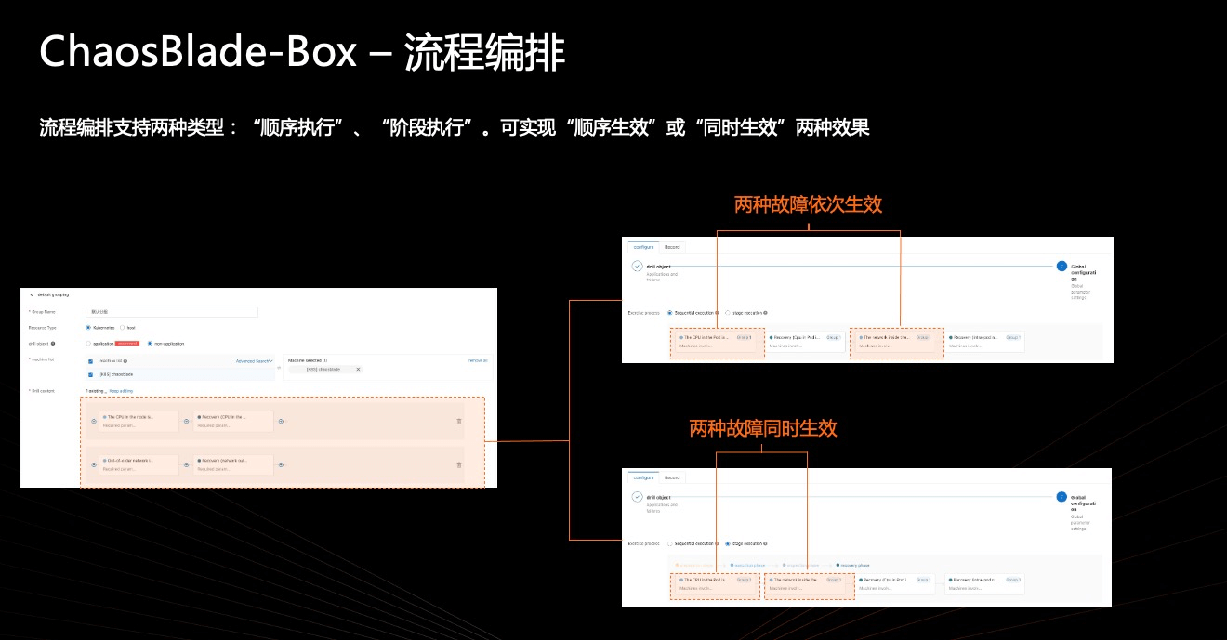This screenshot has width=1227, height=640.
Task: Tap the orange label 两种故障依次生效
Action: [x=808, y=204]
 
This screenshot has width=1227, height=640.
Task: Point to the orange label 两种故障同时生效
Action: [x=762, y=428]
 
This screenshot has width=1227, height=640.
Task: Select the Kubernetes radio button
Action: [x=88, y=328]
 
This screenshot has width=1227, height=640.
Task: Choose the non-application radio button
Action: [x=150, y=344]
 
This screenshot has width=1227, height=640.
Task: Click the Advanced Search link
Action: [x=253, y=360]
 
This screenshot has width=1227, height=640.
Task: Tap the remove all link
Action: [x=478, y=360]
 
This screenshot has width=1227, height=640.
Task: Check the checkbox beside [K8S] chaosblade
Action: [x=91, y=374]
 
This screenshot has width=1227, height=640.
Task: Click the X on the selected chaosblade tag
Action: [x=359, y=369]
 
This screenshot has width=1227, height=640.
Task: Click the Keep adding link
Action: [x=121, y=391]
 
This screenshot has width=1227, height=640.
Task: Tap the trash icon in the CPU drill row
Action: [x=458, y=422]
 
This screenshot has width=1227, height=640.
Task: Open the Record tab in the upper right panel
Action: [x=672, y=247]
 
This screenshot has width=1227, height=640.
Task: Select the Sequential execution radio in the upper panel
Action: [x=669, y=313]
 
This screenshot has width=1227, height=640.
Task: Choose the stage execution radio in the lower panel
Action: [x=728, y=543]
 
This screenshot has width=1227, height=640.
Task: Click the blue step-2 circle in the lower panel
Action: [x=1062, y=496]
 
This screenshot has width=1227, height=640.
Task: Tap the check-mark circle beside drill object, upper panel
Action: [x=637, y=266]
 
